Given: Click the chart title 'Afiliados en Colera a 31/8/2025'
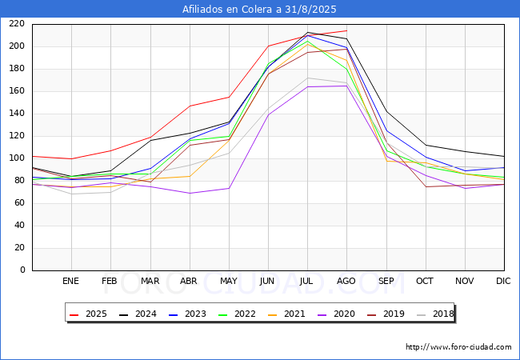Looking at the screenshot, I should pyautogui.click(x=259, y=10).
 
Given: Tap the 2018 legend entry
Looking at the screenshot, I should pyautogui.click(x=433, y=314).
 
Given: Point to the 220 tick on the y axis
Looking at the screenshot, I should pyautogui.click(x=18, y=24).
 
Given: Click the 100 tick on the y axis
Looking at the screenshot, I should pyautogui.click(x=18, y=158).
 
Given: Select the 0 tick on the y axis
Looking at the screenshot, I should pyautogui.click(x=23, y=270).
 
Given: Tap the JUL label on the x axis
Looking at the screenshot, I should pyautogui.click(x=306, y=282).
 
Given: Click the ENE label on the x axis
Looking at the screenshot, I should pyautogui.click(x=71, y=282).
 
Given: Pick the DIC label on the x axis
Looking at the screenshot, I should pyautogui.click(x=503, y=282).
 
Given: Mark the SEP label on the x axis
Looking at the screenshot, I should pyautogui.click(x=386, y=282).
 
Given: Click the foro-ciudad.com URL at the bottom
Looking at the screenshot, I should pyautogui.click(x=458, y=347).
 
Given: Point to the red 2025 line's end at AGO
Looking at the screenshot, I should pyautogui.click(x=346, y=30).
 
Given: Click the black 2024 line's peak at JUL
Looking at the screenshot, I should pyautogui.click(x=307, y=33).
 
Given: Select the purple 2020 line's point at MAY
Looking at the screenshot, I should pyautogui.click(x=229, y=189).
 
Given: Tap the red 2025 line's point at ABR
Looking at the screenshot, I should pyautogui.click(x=190, y=106).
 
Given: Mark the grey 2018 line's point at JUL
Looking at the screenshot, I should pyautogui.click(x=307, y=78).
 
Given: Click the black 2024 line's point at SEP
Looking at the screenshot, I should pyautogui.click(x=386, y=111).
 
